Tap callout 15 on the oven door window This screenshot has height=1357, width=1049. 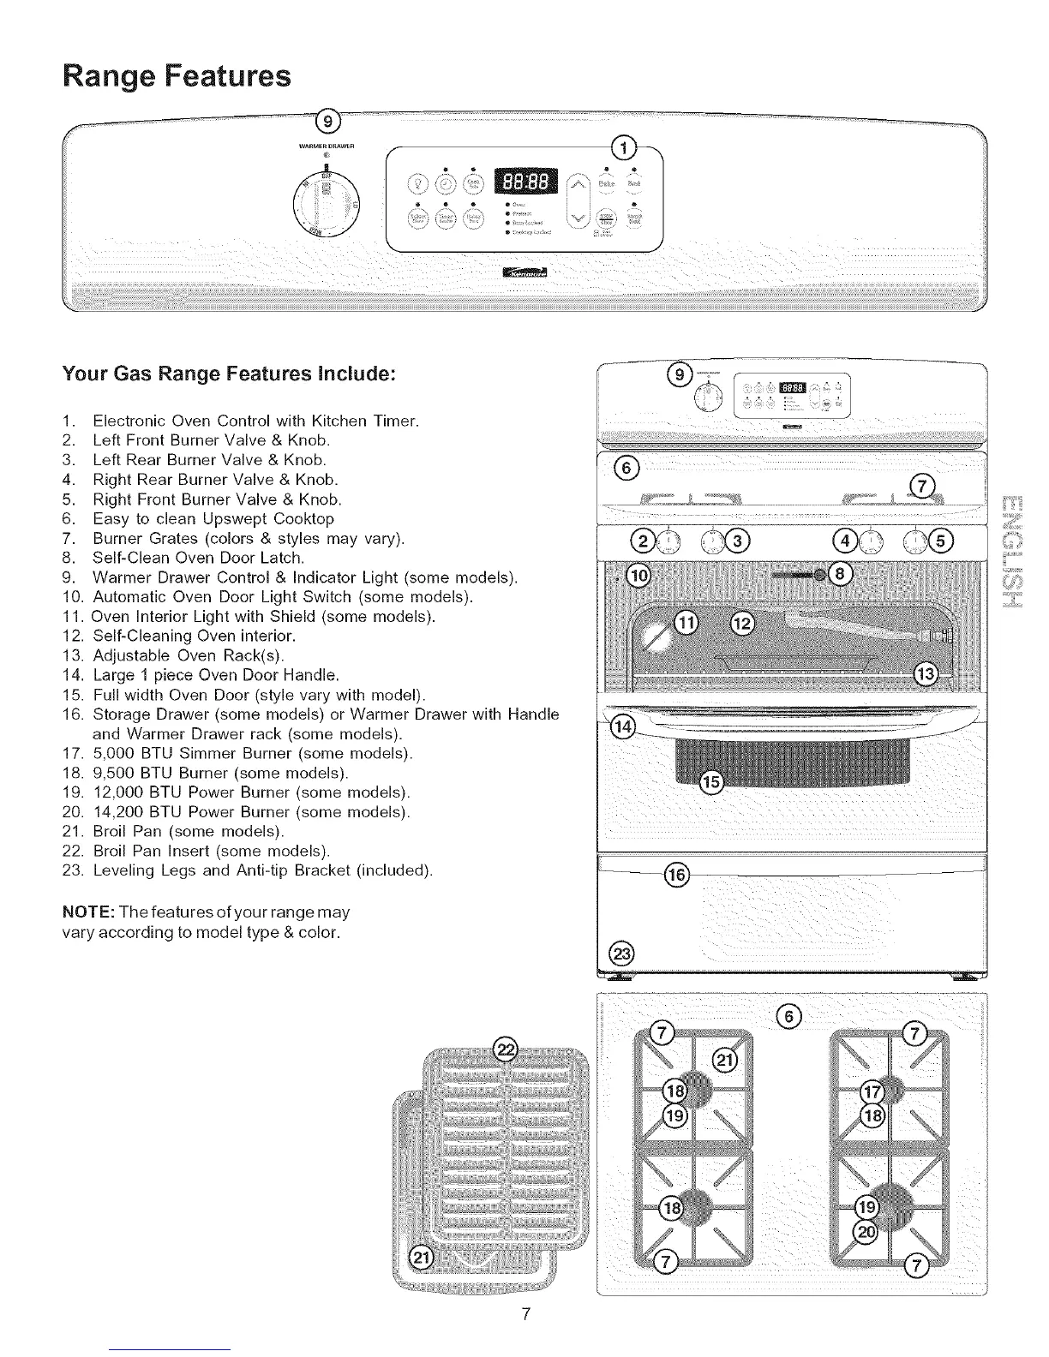[x=711, y=781]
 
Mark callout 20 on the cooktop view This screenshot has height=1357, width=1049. [x=866, y=1231]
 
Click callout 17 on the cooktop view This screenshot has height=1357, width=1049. [x=873, y=1091]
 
